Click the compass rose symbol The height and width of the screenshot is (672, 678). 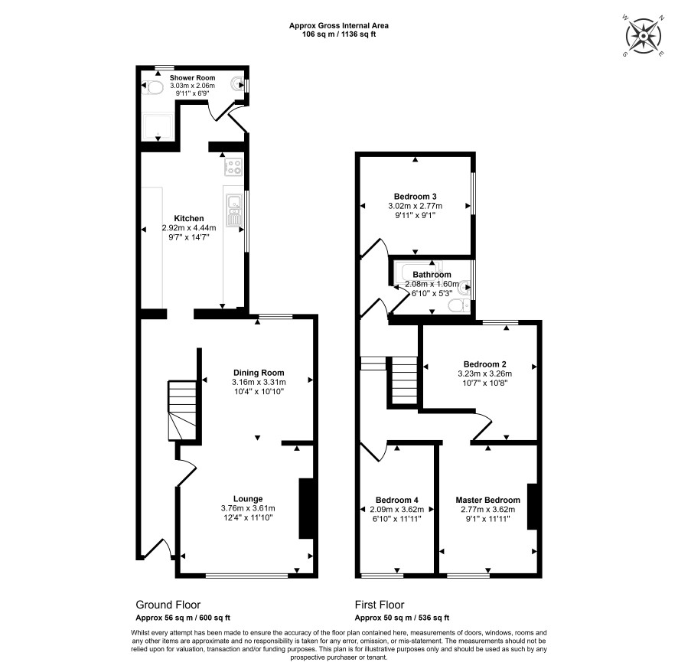click(644, 36)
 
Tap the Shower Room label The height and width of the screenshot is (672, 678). click(192, 78)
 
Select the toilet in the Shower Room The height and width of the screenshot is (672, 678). click(152, 88)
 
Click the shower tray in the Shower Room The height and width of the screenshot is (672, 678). click(158, 127)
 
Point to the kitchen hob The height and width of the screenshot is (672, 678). click(233, 167)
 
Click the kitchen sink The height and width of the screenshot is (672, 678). click(234, 210)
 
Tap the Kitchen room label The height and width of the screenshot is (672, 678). click(189, 218)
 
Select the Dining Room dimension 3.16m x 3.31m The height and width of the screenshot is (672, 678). click(259, 382)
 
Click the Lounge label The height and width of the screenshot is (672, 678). click(248, 498)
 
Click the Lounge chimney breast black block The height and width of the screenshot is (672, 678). click(306, 508)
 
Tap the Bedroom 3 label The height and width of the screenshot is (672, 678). click(415, 197)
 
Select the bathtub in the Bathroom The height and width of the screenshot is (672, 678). click(420, 272)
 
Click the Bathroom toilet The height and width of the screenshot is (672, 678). click(459, 305)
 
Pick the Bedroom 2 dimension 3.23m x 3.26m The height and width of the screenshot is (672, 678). click(484, 374)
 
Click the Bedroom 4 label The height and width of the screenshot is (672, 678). click(397, 500)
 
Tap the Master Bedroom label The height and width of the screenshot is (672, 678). click(487, 500)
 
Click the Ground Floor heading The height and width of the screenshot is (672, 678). click(168, 605)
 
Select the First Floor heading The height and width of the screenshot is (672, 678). click(380, 605)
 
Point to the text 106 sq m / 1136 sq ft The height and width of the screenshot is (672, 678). click(339, 34)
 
